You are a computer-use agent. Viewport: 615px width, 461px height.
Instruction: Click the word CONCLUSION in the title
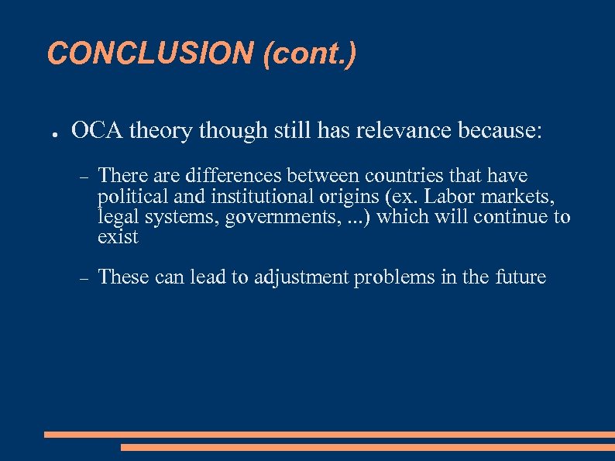[150, 53]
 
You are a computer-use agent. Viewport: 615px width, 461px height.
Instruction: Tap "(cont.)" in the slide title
[310, 53]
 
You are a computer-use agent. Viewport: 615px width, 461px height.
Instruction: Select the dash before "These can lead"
[84, 278]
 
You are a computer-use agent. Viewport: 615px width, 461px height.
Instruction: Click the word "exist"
[118, 237]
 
